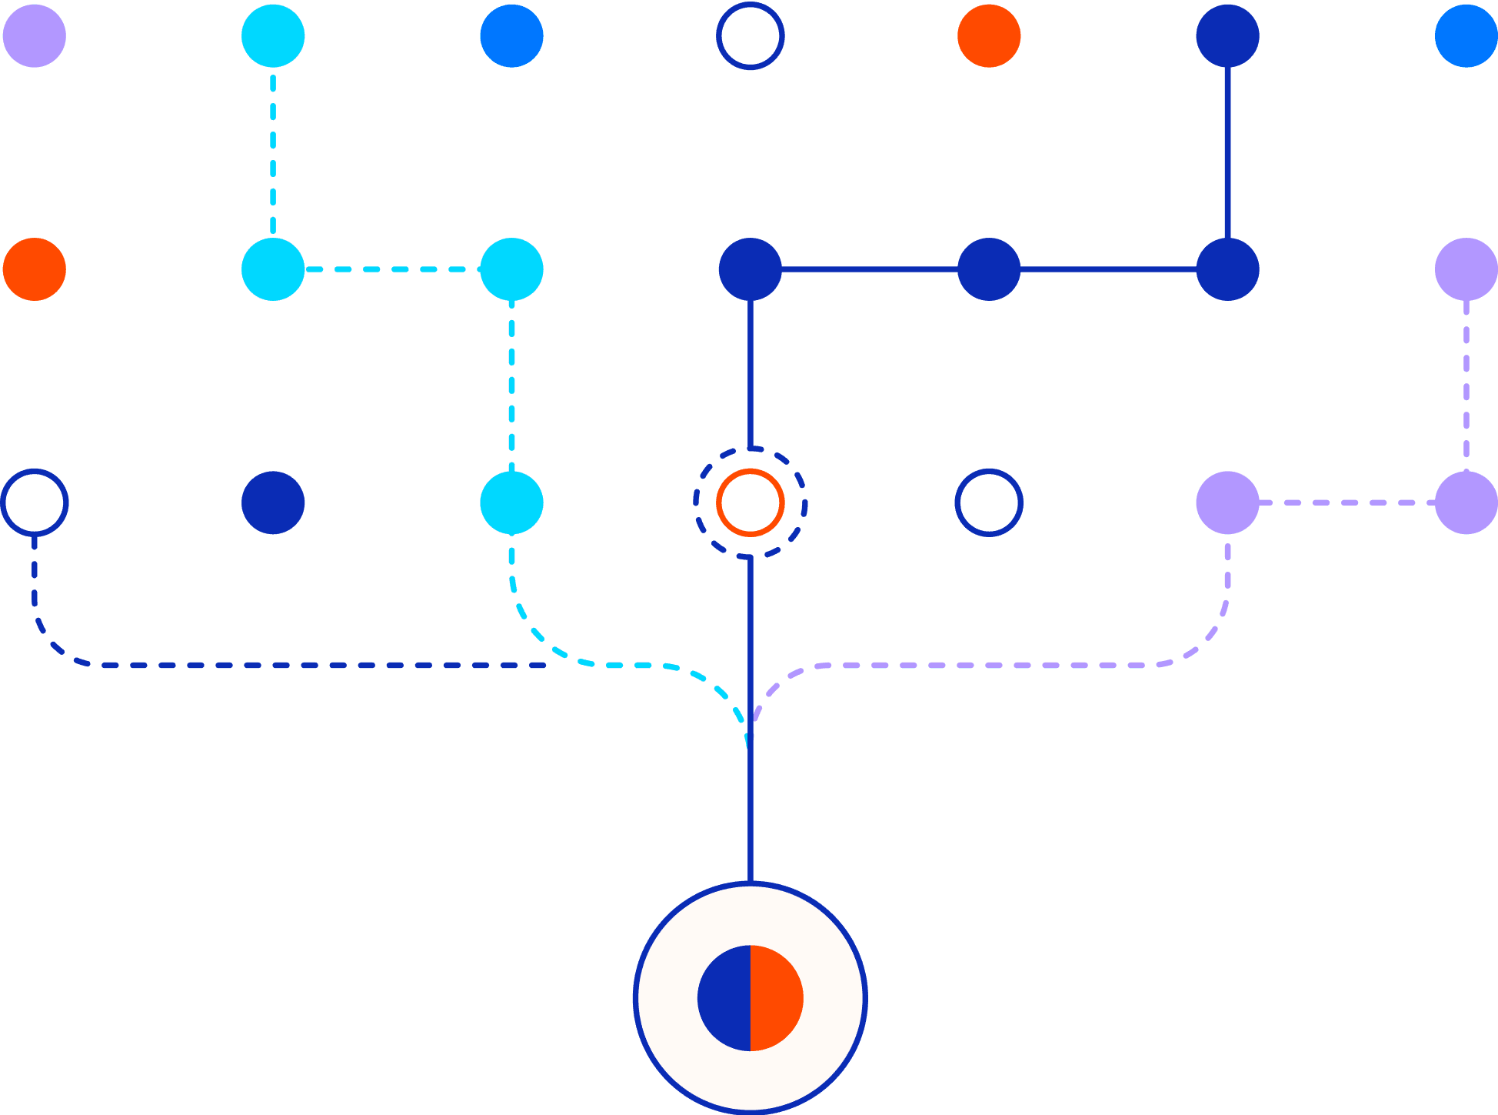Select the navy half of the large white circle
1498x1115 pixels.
point(724,998)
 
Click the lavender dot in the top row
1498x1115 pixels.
point(35,36)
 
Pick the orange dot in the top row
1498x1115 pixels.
point(989,36)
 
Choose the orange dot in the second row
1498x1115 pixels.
point(35,269)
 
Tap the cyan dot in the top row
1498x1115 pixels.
point(273,36)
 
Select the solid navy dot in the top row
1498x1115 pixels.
point(1227,36)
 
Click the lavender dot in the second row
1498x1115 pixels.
point(1466,269)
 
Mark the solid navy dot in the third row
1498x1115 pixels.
point(273,502)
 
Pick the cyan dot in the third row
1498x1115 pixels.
point(511,502)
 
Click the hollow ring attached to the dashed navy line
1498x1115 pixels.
point(35,474)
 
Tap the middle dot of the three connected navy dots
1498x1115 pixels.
point(989,269)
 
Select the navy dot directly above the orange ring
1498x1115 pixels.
point(750,269)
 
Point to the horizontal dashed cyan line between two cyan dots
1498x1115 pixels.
point(392,269)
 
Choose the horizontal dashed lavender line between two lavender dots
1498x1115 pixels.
point(1347,502)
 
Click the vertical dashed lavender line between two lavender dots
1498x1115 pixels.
point(1466,385)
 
